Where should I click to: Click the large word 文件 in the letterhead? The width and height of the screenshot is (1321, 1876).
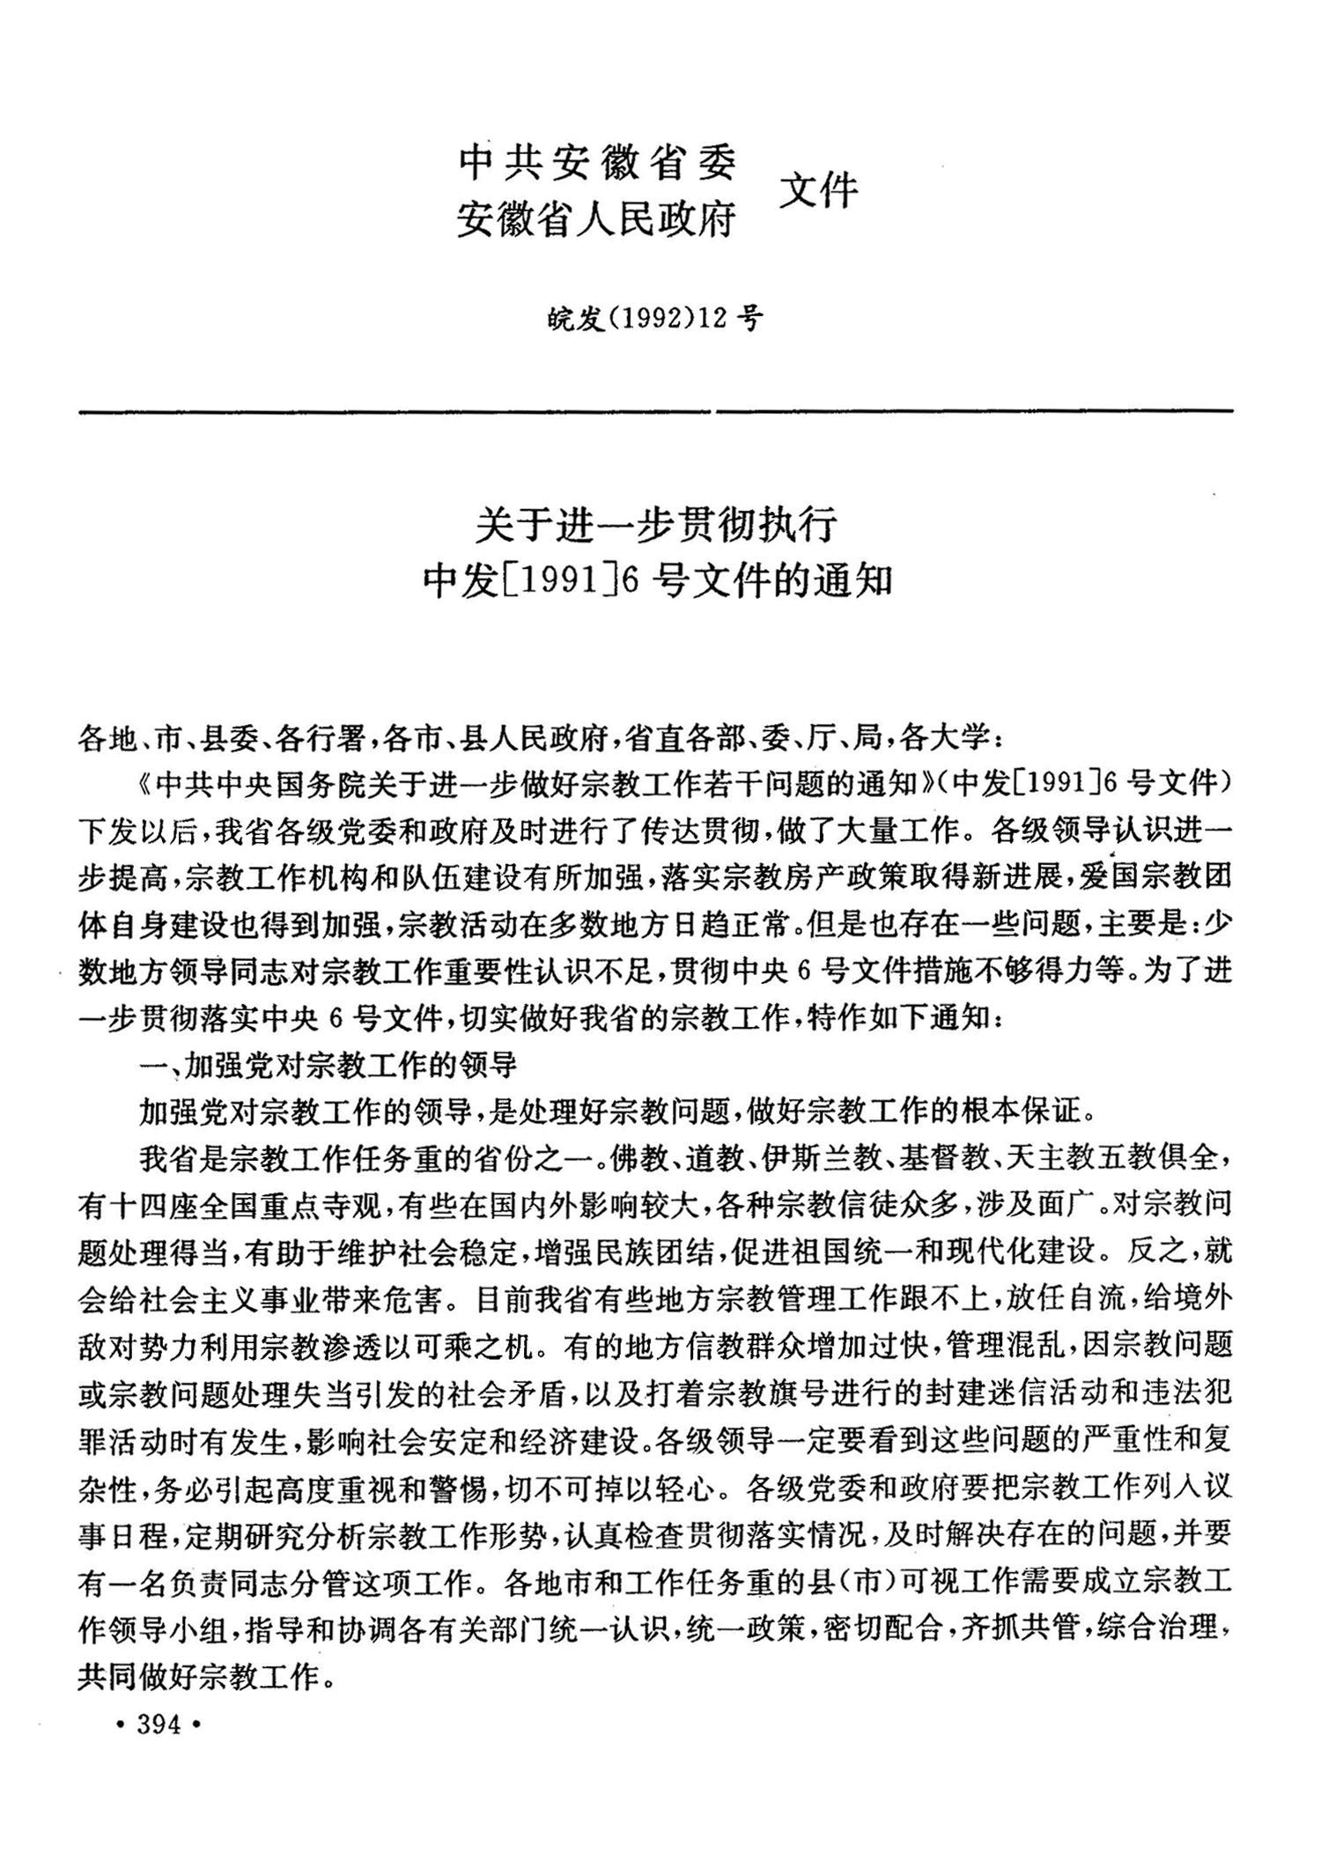pos(818,189)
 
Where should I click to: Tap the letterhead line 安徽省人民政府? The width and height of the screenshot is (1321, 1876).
pos(596,218)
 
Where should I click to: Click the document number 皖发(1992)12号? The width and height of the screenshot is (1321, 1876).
pos(654,319)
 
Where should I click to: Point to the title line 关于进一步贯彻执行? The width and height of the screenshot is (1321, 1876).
pos(655,526)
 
